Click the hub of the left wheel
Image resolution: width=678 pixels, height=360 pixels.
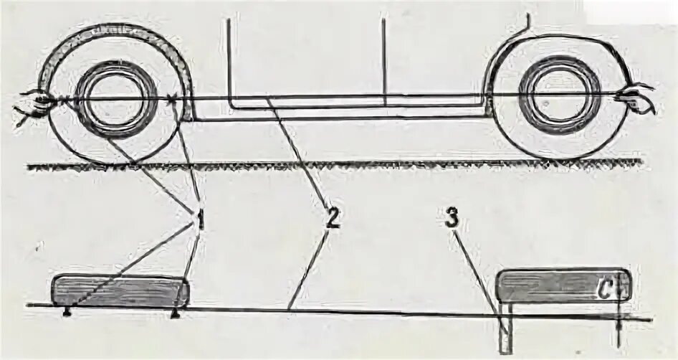(115, 100)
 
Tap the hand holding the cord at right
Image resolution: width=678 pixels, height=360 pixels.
(641, 98)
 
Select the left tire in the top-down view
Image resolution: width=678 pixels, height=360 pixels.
(120, 290)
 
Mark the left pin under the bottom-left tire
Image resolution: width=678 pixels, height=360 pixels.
(67, 312)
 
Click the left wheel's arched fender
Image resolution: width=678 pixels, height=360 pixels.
(115, 32)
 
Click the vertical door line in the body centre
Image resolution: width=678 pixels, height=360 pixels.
(384, 57)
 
